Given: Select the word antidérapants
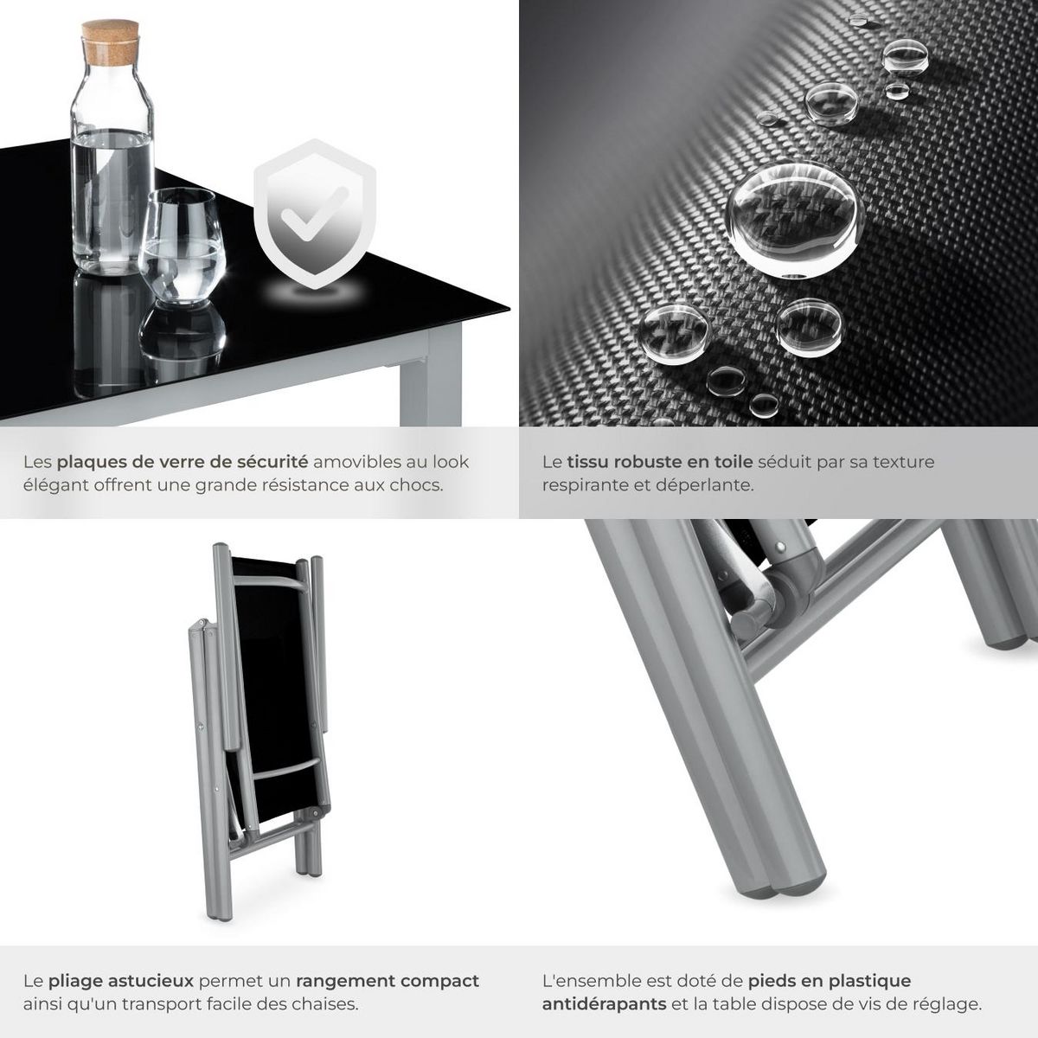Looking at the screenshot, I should (x=604, y=1004).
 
